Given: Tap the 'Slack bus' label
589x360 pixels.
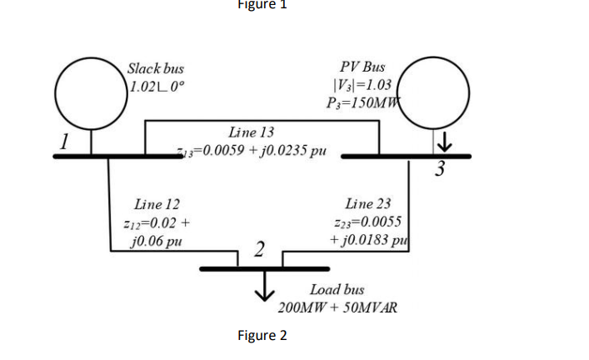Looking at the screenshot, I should click(x=156, y=68).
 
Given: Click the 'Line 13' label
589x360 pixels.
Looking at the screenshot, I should click(x=251, y=132).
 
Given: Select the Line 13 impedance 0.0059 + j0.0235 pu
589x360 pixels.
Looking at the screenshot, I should click(x=254, y=149).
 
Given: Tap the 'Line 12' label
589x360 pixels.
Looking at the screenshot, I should click(x=157, y=204).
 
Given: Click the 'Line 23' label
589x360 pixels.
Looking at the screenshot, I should click(x=367, y=203).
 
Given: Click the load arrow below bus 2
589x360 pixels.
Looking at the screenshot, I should click(x=263, y=287).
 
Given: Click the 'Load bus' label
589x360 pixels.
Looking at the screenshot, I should click(x=337, y=290).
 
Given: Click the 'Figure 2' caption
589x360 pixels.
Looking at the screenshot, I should click(x=262, y=335).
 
